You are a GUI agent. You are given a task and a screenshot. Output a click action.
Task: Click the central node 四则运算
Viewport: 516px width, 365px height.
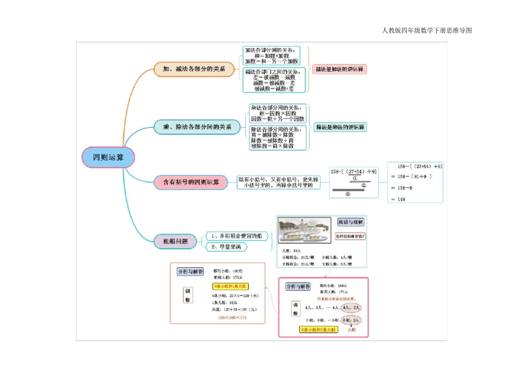[x=108, y=157]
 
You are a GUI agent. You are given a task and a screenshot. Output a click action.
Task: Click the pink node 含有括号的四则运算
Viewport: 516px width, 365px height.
[x=191, y=182]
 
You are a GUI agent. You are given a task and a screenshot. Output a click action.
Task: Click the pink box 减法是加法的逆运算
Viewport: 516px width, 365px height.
[x=340, y=69]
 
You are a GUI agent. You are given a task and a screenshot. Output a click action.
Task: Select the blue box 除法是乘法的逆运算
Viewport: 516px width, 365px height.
[x=341, y=127]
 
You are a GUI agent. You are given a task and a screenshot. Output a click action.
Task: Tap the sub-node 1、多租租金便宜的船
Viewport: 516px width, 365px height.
[x=236, y=236]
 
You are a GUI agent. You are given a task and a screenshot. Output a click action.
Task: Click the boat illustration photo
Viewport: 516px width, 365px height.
[x=304, y=230]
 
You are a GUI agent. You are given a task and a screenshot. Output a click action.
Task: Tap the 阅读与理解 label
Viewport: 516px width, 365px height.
[x=350, y=222]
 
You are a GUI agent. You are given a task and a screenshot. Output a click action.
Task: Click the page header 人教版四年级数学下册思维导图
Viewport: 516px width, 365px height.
[x=427, y=30]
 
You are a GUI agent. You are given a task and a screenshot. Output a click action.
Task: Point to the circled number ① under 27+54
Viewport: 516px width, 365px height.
[x=354, y=178]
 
